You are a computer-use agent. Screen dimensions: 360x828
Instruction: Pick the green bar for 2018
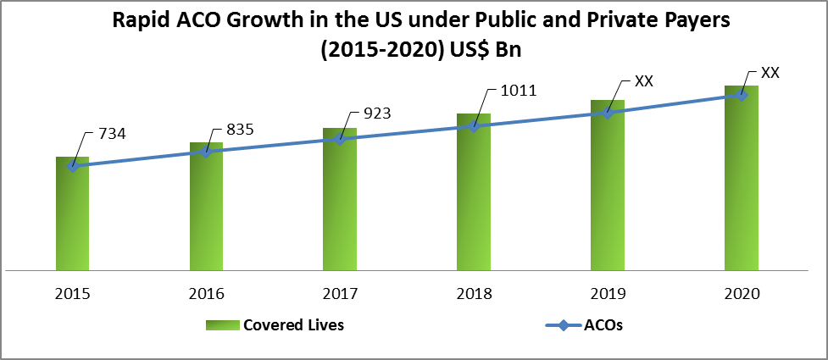coord(474,195)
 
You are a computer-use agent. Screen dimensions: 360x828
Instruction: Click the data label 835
coord(240,129)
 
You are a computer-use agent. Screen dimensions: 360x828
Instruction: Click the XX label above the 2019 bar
coord(644,82)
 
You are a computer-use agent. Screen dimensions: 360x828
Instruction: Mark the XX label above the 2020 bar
coord(770,73)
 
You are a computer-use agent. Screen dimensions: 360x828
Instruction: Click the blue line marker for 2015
coord(73,167)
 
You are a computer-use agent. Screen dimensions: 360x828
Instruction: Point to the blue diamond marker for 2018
coord(475,126)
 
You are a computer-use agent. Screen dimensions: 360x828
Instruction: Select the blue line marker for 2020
coord(742,95)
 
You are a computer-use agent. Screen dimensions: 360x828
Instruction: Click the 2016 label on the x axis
coord(206,294)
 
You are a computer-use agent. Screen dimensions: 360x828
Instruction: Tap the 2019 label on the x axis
coord(608,294)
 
